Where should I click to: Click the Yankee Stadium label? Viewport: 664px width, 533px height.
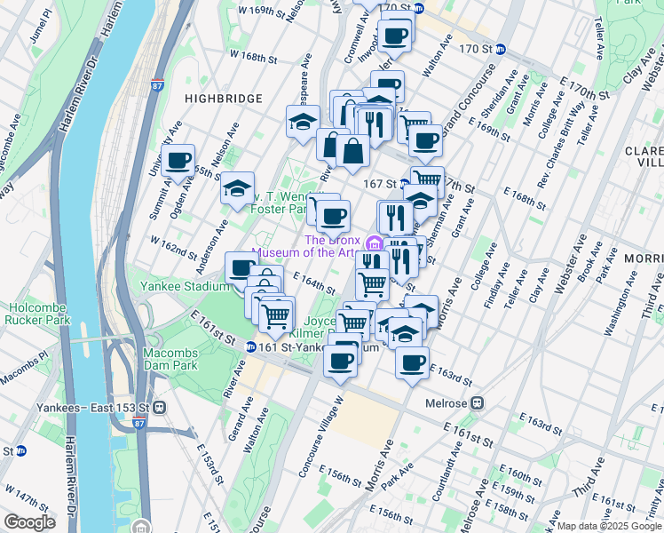(x=185, y=287)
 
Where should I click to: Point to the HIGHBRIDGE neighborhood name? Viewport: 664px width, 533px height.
(x=223, y=99)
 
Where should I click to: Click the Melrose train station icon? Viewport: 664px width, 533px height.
(x=478, y=402)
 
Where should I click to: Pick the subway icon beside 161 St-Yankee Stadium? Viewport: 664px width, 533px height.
(x=251, y=347)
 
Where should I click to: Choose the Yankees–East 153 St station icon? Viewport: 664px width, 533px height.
(x=159, y=407)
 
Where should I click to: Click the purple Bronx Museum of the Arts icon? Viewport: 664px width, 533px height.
(x=373, y=243)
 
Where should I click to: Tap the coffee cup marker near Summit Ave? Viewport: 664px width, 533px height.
(x=178, y=161)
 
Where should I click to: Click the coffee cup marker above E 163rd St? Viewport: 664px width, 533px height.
(x=412, y=362)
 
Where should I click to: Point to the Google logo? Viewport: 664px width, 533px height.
(x=29, y=522)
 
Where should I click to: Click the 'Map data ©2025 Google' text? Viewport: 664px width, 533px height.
(x=609, y=526)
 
